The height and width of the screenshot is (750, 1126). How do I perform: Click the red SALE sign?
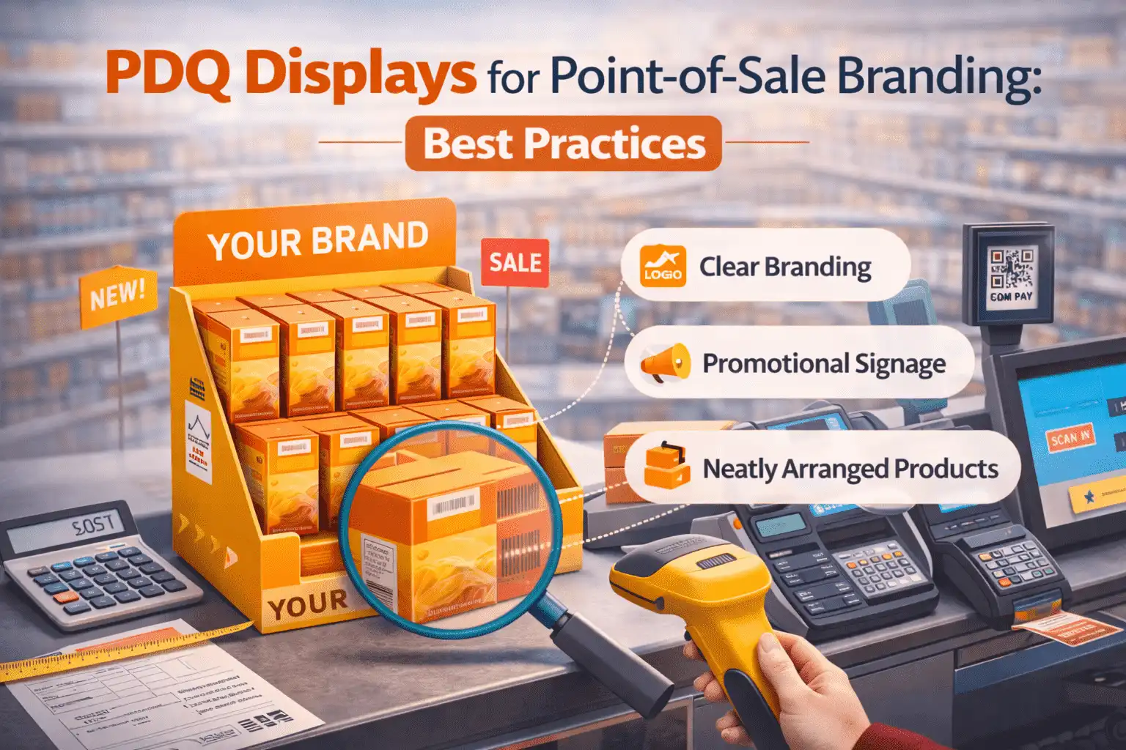point(515,262)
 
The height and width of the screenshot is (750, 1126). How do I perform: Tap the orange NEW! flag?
point(117,294)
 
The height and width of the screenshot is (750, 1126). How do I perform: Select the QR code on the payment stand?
point(1011,269)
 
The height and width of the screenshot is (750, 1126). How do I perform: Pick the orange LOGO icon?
point(663,266)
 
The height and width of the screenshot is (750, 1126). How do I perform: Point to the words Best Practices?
point(564,144)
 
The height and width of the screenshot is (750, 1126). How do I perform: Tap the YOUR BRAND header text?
point(317,241)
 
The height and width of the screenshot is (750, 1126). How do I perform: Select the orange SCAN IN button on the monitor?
point(1070,438)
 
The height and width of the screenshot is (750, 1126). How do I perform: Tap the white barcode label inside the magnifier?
point(455,505)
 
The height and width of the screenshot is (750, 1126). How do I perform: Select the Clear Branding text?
point(785,267)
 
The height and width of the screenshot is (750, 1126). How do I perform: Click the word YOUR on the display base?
point(308,604)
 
